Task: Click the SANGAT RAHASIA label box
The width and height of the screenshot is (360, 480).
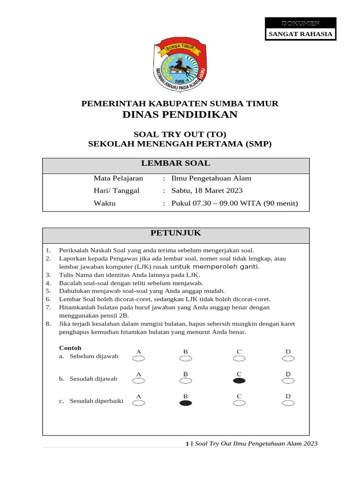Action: pos(300,34)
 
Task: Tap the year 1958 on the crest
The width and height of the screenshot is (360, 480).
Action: pos(175,80)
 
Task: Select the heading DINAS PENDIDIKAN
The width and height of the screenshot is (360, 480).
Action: pos(180,115)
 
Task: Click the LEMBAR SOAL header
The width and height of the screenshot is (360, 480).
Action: pos(176,164)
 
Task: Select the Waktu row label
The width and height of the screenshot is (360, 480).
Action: pos(105,203)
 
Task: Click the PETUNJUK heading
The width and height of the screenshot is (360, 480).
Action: pos(176,233)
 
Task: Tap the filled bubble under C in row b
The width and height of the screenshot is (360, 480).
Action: pos(239,381)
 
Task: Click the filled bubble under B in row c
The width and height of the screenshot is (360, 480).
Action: pos(186,403)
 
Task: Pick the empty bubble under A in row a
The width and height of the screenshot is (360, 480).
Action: pos(139,359)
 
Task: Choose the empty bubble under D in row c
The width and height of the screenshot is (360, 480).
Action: pos(288,403)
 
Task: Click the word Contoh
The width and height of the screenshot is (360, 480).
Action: pos(70,348)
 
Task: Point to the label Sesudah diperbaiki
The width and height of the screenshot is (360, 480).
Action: pos(97,401)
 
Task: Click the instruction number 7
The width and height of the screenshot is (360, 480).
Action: pos(48,307)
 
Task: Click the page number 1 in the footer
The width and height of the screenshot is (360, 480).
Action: pos(187,443)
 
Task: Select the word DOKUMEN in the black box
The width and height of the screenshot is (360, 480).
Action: pos(300,23)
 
